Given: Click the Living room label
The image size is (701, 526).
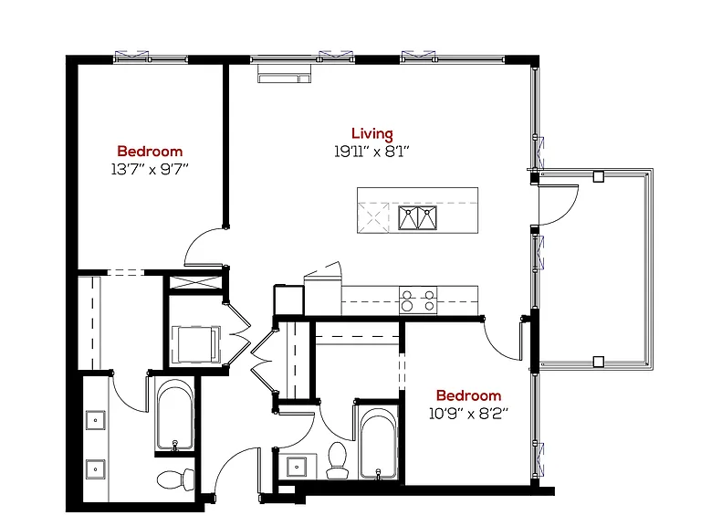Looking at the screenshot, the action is [372, 133].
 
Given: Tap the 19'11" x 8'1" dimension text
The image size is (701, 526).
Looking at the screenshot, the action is [372, 152].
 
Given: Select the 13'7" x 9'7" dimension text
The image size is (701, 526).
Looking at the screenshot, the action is [150, 170].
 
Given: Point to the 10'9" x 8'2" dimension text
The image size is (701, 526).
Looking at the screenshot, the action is [468, 414].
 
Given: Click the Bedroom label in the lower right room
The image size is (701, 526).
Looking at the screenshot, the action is [468, 395].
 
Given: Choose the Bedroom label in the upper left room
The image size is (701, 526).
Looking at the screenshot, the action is [150, 152].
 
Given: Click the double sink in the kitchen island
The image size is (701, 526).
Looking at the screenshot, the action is [417, 218].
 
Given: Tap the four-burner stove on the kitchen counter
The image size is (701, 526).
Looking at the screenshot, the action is [418, 300].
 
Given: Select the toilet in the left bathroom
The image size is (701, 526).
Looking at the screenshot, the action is [175, 479].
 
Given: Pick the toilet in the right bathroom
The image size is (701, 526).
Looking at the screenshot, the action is [337, 460].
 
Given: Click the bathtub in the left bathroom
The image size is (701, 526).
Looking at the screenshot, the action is [175, 415].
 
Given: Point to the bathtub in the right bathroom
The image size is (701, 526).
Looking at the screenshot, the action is [378, 443].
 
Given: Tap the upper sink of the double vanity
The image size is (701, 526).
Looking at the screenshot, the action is [96, 420].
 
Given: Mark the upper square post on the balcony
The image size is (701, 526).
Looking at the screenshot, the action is [599, 176].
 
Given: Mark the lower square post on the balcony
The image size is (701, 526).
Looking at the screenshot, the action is [599, 362].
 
